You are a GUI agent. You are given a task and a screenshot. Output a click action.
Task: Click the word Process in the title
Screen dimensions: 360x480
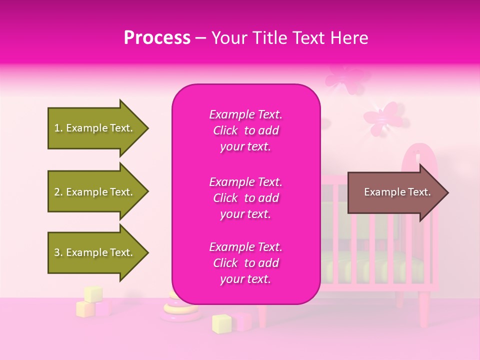(x=157, y=38)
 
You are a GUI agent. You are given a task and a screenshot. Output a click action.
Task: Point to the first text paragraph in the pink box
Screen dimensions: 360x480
(x=245, y=130)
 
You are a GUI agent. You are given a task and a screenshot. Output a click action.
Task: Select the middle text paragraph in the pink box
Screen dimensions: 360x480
(x=245, y=198)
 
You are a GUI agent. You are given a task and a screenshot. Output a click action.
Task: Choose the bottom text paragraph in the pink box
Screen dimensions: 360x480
(x=245, y=263)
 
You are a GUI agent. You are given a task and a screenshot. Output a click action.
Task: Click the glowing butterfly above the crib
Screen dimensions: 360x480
(x=381, y=116)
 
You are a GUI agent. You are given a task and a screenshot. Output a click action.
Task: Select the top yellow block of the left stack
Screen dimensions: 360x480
(x=93, y=293)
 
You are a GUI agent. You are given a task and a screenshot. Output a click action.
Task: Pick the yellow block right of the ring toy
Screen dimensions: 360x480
(x=221, y=323)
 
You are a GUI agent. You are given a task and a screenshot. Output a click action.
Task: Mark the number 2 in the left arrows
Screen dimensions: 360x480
(x=56, y=192)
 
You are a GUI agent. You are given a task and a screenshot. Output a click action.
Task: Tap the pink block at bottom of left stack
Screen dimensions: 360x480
(x=102, y=308)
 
